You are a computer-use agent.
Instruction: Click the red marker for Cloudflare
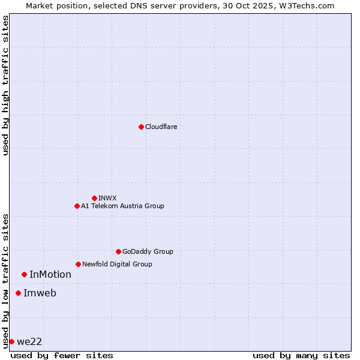[x=141, y=127]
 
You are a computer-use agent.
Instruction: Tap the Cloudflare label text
[x=161, y=127]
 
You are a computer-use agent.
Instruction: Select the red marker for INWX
[x=94, y=198]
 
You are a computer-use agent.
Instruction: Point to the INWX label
[x=107, y=198]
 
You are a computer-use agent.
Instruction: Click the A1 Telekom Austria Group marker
[x=77, y=206]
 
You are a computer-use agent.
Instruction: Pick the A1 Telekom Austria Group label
[x=122, y=206]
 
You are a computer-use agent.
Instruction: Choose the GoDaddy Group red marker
[x=118, y=251]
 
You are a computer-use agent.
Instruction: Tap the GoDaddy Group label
[x=147, y=251]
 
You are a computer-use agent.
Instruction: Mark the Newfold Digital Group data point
[x=78, y=264]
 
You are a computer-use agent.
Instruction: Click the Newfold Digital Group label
[x=117, y=264]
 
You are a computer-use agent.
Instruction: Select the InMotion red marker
[x=24, y=274]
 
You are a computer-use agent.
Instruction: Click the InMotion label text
[x=50, y=275]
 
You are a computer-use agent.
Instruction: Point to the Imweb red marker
[x=18, y=293]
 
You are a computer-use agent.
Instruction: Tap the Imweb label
[x=40, y=293]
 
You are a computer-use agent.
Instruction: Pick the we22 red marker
[x=11, y=341]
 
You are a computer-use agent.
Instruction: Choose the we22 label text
[x=29, y=342]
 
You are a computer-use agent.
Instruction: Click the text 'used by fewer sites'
[x=62, y=355]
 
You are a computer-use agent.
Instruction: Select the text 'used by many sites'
[x=301, y=355]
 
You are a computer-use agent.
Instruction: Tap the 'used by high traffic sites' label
[x=5, y=85]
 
